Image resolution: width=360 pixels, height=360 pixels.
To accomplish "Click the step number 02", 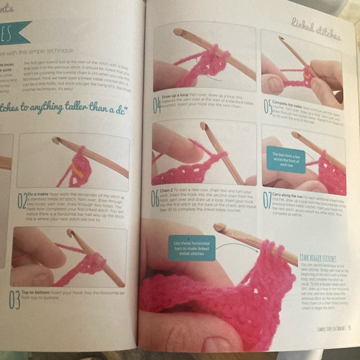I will click(x=22, y=200).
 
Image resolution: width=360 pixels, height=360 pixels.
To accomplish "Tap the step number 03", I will click(x=14, y=299).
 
